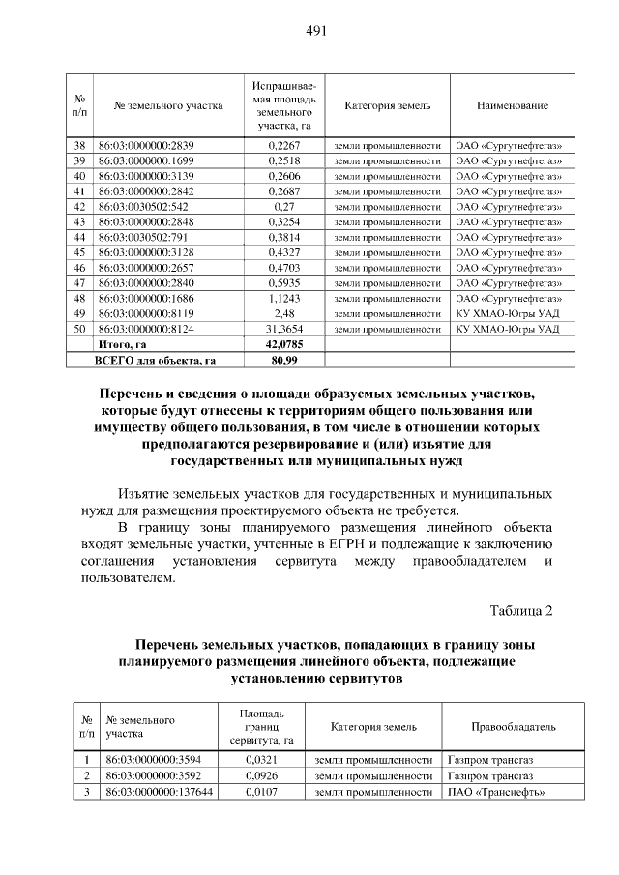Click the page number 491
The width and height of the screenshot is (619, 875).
(316, 31)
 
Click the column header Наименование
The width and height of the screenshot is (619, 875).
(512, 105)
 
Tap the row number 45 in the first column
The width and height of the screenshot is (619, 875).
(80, 252)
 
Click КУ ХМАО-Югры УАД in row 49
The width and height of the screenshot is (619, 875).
(507, 313)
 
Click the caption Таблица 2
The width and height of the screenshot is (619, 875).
(521, 610)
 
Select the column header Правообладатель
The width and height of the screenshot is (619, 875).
(514, 727)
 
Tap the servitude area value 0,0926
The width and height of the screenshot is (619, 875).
(261, 775)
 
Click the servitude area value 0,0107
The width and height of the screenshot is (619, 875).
(261, 792)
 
